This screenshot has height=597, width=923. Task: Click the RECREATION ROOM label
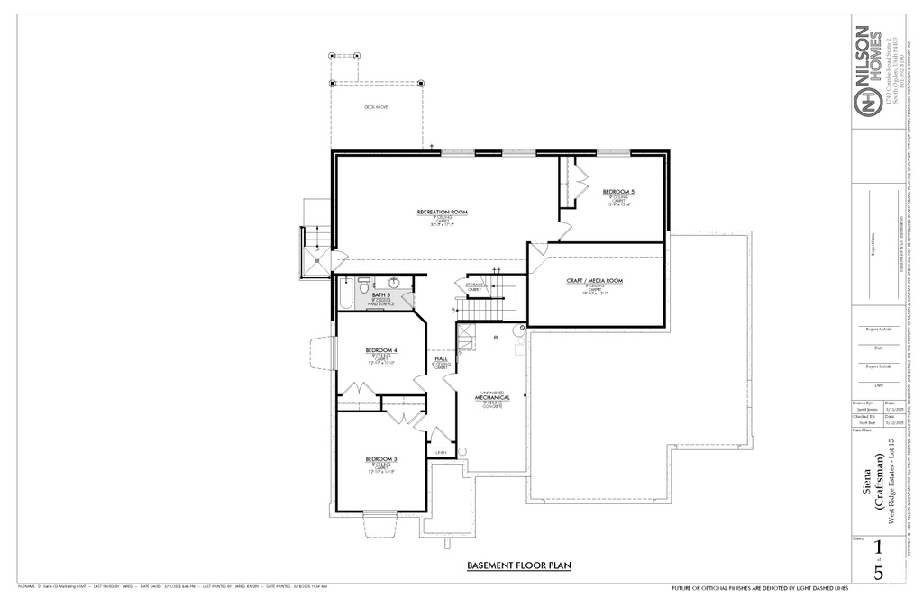[443, 212]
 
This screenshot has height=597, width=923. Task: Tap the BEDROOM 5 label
[618, 192]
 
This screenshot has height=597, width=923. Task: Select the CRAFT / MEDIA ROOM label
[594, 281]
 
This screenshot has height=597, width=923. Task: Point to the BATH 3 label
[382, 294]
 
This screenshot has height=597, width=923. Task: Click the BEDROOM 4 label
[381, 350]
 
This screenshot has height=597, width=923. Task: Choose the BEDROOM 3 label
[381, 459]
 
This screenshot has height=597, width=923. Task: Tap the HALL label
[442, 358]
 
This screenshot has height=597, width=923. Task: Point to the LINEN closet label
[442, 452]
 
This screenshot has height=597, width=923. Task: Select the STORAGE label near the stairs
[474, 285]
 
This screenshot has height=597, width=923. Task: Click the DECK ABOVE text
[376, 107]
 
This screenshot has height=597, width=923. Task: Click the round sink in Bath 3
[394, 282]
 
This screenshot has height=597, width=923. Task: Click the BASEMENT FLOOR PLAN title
[519, 565]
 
